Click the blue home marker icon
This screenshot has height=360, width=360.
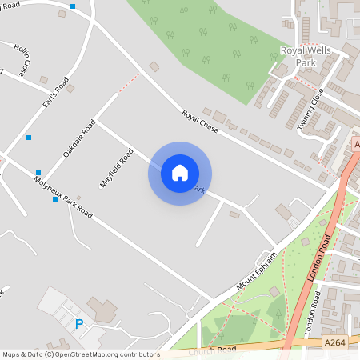(x=179, y=173)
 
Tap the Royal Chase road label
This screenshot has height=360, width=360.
(x=200, y=121)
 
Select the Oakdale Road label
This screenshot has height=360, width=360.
(x=79, y=138)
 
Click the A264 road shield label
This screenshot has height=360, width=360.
(x=337, y=342)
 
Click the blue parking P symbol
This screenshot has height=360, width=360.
(x=78, y=324)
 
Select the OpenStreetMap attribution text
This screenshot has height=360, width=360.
(x=80, y=354)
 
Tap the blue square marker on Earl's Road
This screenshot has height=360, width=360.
(x=29, y=138)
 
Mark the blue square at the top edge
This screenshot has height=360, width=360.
(x=73, y=6)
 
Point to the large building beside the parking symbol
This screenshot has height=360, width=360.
(x=102, y=308)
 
